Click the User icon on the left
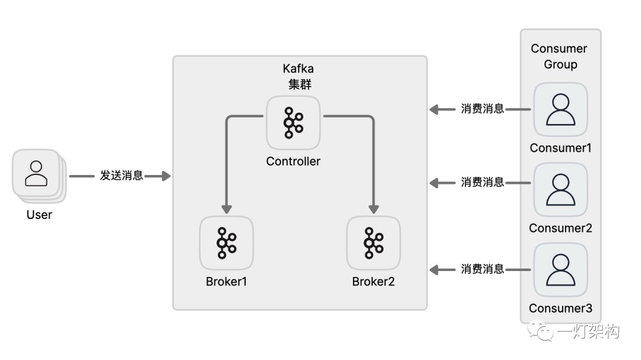37,174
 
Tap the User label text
39,215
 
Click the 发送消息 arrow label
122,176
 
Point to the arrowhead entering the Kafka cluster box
166,176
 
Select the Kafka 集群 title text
299,77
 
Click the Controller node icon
293,123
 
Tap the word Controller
293,161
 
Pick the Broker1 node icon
227,243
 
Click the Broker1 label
227,282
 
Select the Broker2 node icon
373,243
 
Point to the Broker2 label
373,282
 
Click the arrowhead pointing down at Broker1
227,209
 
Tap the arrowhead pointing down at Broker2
373,209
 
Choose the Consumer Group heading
560,56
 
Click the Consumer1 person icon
560,110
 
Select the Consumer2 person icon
560,190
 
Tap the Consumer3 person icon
560,270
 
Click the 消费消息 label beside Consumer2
483,182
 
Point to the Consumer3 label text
560,308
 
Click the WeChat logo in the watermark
540,330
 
